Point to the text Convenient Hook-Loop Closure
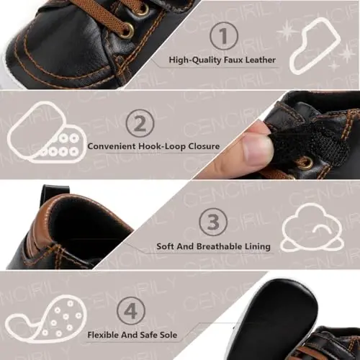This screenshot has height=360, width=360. [x=153, y=145]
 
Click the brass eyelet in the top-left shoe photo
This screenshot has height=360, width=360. [x=126, y=31]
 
